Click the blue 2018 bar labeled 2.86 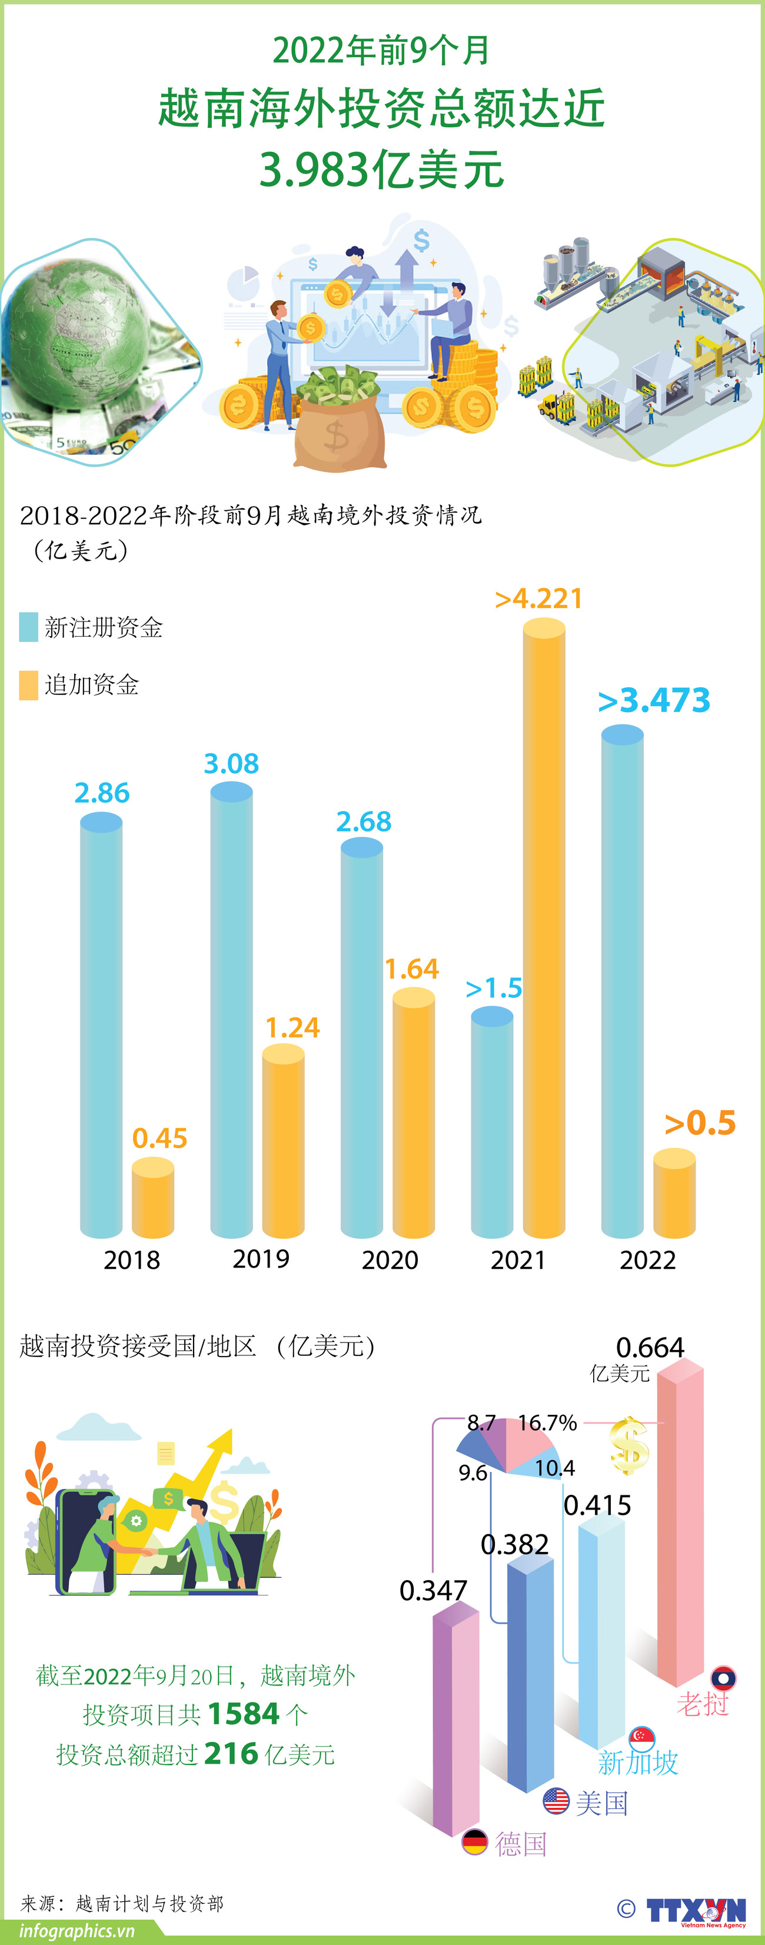click(x=101, y=1027)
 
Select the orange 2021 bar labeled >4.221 click(x=544, y=929)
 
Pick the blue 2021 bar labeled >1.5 click(x=491, y=1125)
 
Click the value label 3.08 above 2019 click(x=231, y=763)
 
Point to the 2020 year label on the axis click(x=390, y=1260)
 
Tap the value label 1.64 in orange click(x=411, y=969)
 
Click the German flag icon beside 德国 click(x=475, y=1843)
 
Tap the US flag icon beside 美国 click(x=556, y=1801)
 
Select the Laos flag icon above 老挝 click(x=723, y=1678)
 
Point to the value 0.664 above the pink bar click(x=650, y=1347)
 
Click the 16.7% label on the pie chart click(x=547, y=1422)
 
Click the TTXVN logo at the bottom click(x=696, y=1910)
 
